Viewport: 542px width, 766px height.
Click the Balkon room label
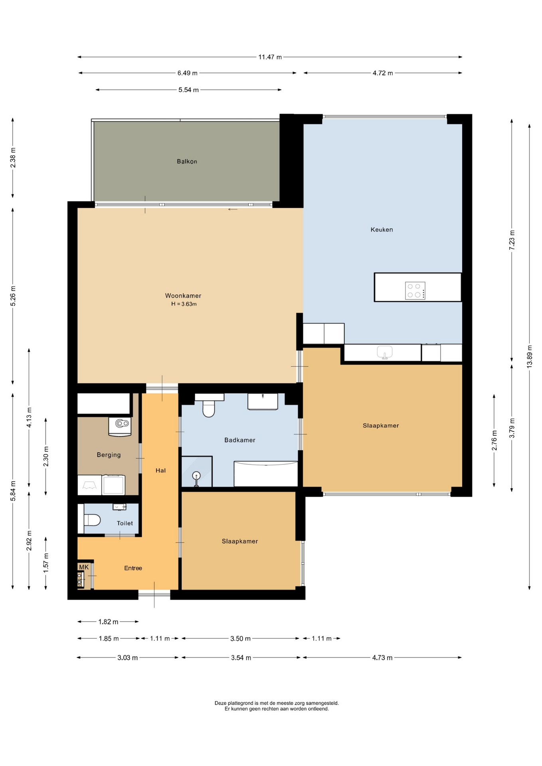pyautogui.click(x=187, y=162)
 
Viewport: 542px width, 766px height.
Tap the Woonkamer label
pyautogui.click(x=183, y=296)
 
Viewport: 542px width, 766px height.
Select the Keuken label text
pyautogui.click(x=382, y=229)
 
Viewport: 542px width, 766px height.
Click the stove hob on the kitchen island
pyautogui.click(x=415, y=290)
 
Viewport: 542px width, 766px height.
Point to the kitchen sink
pyautogui.click(x=384, y=352)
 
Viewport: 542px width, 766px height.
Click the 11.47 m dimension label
pyautogui.click(x=270, y=57)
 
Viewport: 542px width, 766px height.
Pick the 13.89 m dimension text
pyautogui.click(x=530, y=356)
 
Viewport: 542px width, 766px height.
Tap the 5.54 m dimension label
pyautogui.click(x=188, y=90)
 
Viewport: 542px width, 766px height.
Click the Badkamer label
pyautogui.click(x=239, y=440)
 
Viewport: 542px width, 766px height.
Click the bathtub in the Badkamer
pyautogui.click(x=266, y=474)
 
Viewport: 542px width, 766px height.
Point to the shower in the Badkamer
pyautogui.click(x=196, y=472)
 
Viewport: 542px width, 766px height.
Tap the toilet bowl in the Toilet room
pyautogui.click(x=92, y=520)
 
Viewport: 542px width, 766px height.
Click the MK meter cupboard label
pyautogui.click(x=84, y=567)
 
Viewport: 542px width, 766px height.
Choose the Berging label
pyautogui.click(x=109, y=455)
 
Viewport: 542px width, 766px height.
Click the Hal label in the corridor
pyautogui.click(x=160, y=470)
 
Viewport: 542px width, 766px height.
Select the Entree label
pyautogui.click(x=133, y=568)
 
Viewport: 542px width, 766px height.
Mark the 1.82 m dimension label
pyautogui.click(x=108, y=622)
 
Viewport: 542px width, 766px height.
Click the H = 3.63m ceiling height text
pyautogui.click(x=184, y=304)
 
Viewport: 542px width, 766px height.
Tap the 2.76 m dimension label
pyautogui.click(x=494, y=440)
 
